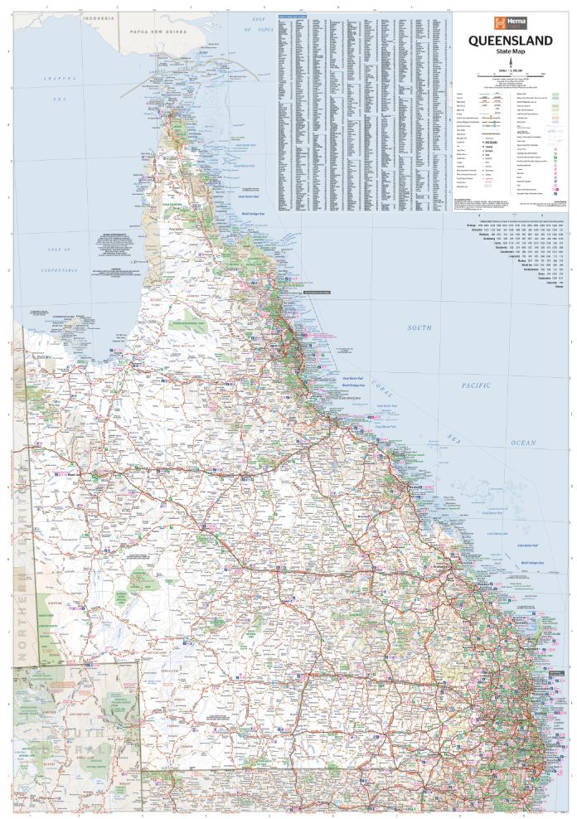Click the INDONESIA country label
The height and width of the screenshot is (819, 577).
click(91, 17)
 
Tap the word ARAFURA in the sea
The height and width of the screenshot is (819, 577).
click(61, 79)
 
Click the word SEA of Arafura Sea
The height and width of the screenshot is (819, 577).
click(61, 98)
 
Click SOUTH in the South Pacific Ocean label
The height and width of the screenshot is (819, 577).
click(419, 328)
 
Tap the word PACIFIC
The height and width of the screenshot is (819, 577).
click(478, 385)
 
